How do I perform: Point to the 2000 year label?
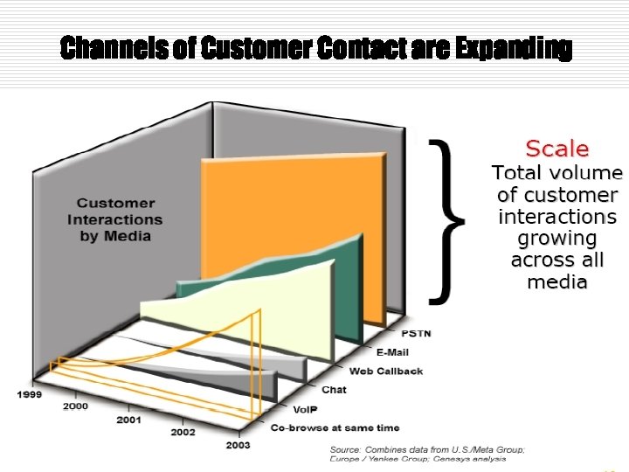[x=77, y=406]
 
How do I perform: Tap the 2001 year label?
[x=129, y=420]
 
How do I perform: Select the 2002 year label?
[x=183, y=432]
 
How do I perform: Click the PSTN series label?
[x=416, y=334]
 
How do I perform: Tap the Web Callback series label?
[x=386, y=371]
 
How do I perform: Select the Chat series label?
[x=334, y=390]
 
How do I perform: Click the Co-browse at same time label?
[x=335, y=427]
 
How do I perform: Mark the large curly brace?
[x=449, y=219]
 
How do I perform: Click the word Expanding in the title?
[x=514, y=49]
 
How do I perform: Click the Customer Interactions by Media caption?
[x=115, y=219]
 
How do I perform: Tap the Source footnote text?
[x=427, y=454]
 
